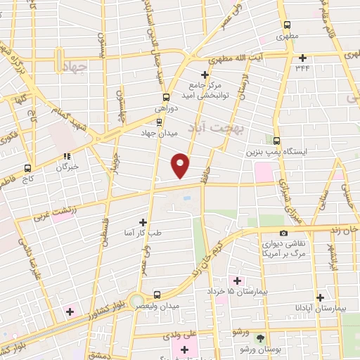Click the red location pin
coord(181,165)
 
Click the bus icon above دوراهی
coord(166,98)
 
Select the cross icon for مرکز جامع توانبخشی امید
coord(205,75)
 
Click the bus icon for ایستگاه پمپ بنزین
coord(276,141)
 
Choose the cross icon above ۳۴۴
coord(303,58)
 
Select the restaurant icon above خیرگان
coord(67,157)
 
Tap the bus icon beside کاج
coord(27,168)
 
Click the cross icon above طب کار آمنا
coord(143,222)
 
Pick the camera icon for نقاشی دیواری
coord(283,233)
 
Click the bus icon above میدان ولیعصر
coord(156,295)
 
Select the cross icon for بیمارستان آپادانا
coord(321,297)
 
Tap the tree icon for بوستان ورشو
coord(261,338)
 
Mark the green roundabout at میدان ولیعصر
coord(136,301)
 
